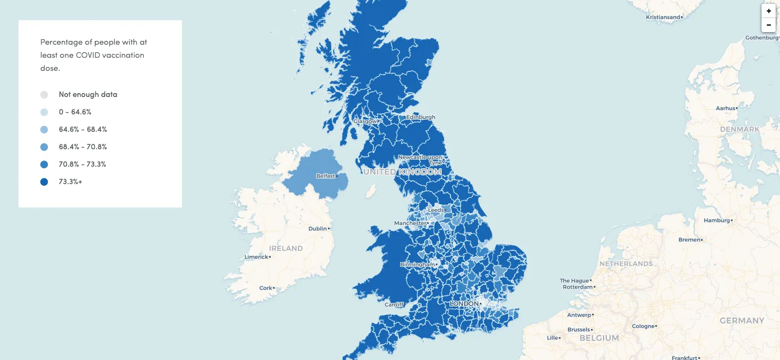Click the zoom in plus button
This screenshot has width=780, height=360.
pyautogui.click(x=769, y=11)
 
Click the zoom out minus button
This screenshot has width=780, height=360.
pyautogui.click(x=769, y=25)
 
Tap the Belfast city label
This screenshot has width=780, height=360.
pyautogui.click(x=326, y=176)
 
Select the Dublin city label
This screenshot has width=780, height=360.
pyautogui.click(x=318, y=229)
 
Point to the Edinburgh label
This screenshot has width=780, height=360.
pyautogui.click(x=421, y=117)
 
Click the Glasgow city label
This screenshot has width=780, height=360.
pyautogui.click(x=364, y=121)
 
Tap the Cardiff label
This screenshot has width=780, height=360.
pyautogui.click(x=394, y=304)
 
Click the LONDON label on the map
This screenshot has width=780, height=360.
pyautogui.click(x=465, y=303)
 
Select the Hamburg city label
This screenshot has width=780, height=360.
pyautogui.click(x=716, y=221)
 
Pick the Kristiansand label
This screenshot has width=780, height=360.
pyautogui.click(x=663, y=17)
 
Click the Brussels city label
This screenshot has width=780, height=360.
pyautogui.click(x=578, y=330)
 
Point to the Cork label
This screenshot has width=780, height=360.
pyautogui.click(x=266, y=288)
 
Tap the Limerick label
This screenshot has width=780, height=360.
pyautogui.click(x=256, y=257)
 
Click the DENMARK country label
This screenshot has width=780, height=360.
pyautogui.click(x=739, y=129)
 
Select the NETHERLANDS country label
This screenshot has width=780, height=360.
pyautogui.click(x=626, y=264)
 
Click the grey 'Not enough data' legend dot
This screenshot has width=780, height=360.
pyautogui.click(x=44, y=95)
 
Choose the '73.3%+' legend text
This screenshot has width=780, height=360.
pyautogui.click(x=71, y=182)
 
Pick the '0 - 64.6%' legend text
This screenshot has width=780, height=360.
pyautogui.click(x=75, y=112)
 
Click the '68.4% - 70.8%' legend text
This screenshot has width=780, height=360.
pyautogui.click(x=83, y=147)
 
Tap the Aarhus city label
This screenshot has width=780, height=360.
pyautogui.click(x=726, y=108)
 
